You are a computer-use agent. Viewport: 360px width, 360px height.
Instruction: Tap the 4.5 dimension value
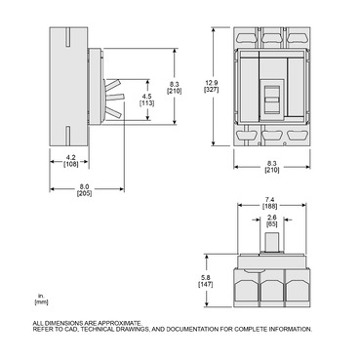coord(147,96)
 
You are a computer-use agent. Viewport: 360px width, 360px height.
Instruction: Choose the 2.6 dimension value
coord(271,218)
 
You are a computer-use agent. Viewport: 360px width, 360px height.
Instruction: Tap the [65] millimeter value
coord(271,224)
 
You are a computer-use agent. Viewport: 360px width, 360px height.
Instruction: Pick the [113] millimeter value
coord(147,102)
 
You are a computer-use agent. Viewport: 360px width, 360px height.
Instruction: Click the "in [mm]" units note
coord(39,300)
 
